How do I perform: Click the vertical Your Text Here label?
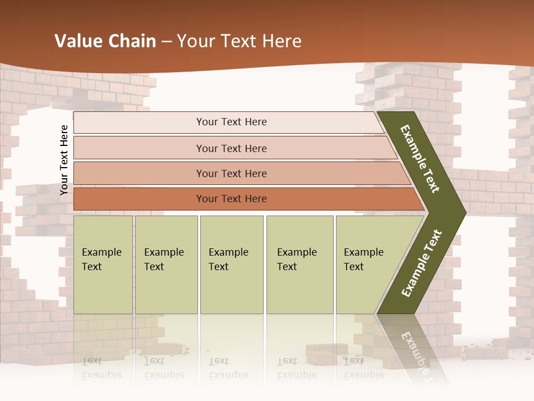(x=64, y=160)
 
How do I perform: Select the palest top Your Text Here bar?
(x=231, y=122)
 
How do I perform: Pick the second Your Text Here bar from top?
(x=231, y=148)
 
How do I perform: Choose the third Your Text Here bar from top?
(x=231, y=173)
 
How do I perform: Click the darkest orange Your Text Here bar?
(x=231, y=199)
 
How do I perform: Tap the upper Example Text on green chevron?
(x=420, y=159)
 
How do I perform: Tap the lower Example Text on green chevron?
(x=421, y=263)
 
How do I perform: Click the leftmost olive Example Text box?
(x=103, y=265)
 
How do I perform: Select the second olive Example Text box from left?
(x=166, y=265)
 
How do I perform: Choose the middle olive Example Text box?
(x=231, y=265)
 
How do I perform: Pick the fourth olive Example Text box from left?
(x=299, y=265)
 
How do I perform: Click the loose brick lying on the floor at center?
(x=327, y=354)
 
